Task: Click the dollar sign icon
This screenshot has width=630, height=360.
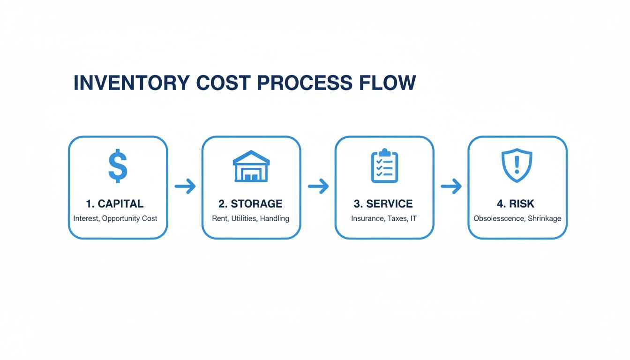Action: coord(118,166)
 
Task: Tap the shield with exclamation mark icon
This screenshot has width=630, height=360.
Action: coord(517,165)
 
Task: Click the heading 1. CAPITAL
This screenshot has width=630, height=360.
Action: coord(115,204)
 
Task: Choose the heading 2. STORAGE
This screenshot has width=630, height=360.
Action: coord(250,204)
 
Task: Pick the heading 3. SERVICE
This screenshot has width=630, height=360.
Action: coord(383,204)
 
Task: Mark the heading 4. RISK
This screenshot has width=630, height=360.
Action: coord(516,204)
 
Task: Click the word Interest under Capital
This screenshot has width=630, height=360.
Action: coord(86,218)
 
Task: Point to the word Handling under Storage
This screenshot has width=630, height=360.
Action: coord(274,218)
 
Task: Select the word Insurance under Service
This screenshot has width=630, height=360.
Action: coord(367,218)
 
